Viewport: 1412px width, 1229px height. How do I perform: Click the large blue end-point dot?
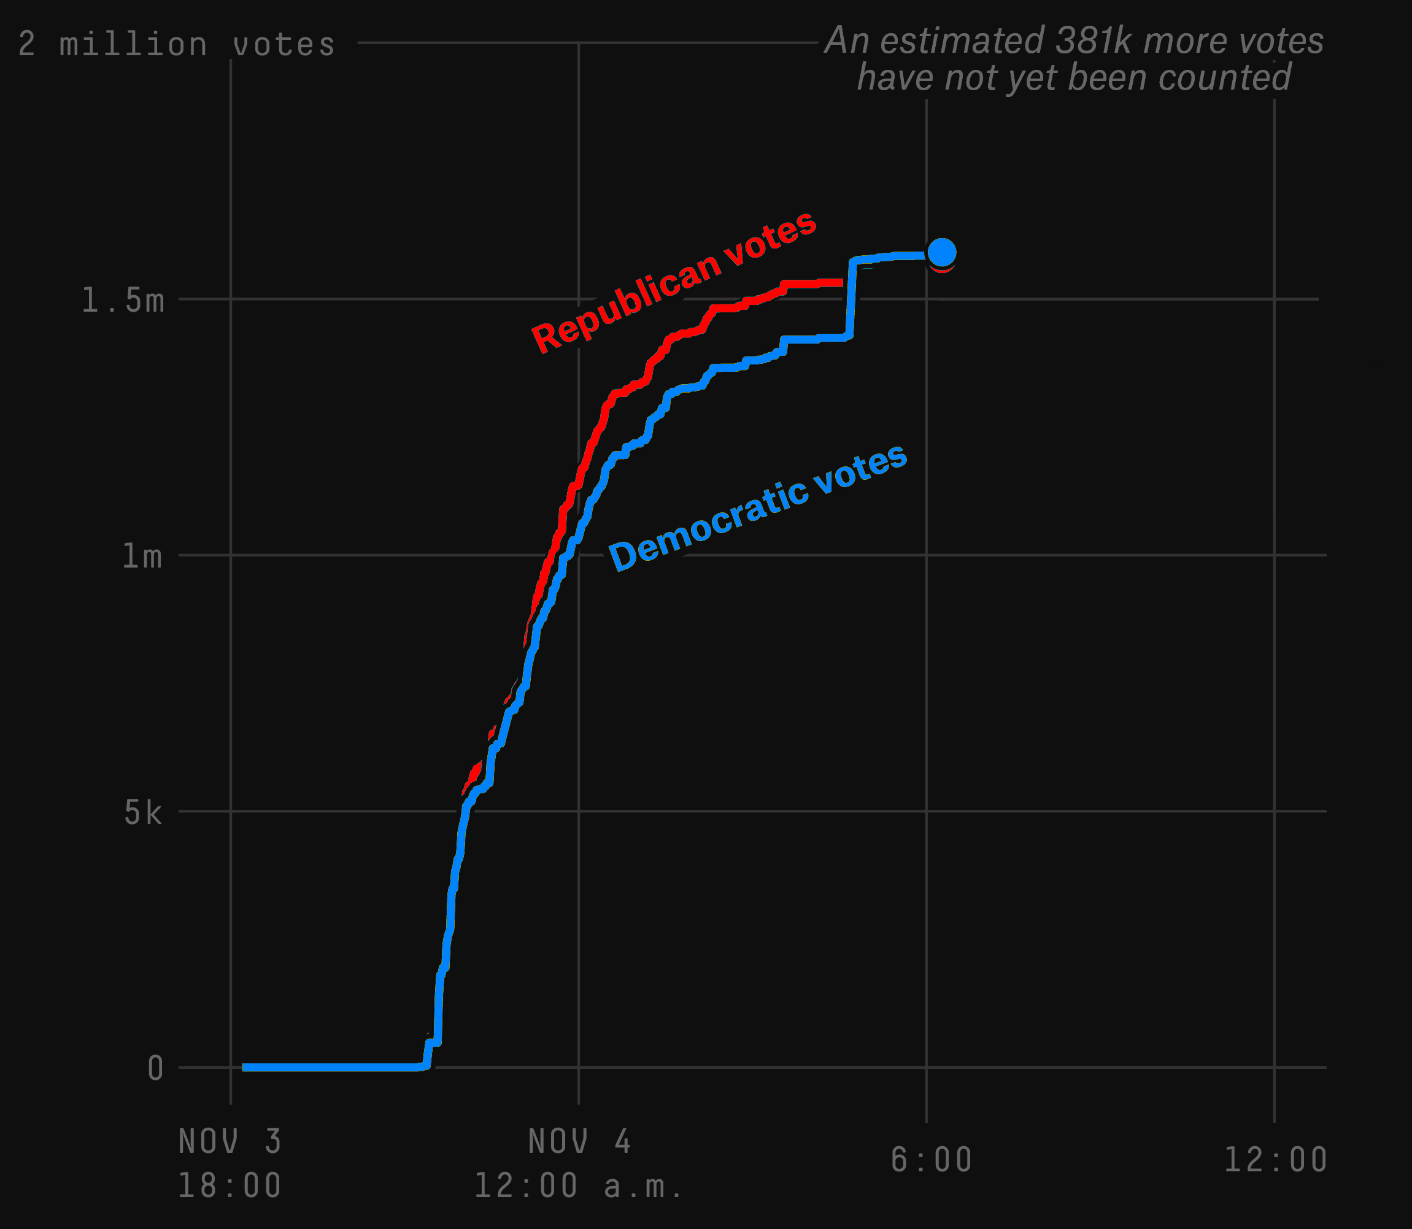[941, 252]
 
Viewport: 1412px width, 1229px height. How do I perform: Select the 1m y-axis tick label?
[142, 556]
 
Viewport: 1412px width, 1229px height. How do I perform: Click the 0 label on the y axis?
[156, 1068]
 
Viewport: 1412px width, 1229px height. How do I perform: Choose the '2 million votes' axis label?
[177, 45]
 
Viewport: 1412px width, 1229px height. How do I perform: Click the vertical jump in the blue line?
[851, 299]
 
